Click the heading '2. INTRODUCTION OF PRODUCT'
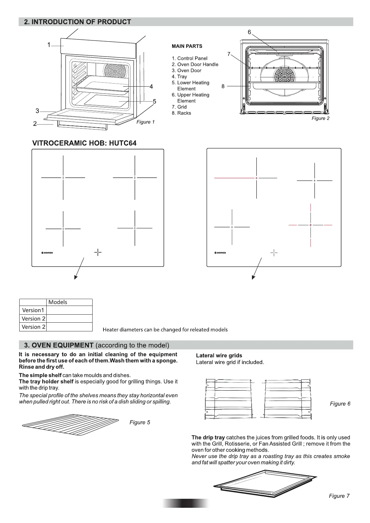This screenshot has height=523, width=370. [78, 22]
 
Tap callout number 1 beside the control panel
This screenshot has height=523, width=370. [49, 45]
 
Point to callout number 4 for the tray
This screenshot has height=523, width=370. [151, 87]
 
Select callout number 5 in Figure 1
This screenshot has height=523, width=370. [154, 102]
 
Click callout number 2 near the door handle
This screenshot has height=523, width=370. [35, 124]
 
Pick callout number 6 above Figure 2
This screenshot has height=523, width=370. [249, 32]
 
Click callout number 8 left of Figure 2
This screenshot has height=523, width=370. [223, 86]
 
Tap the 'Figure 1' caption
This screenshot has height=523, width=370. [145, 122]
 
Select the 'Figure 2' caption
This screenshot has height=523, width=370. [320, 118]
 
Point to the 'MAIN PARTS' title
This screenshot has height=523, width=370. [187, 46]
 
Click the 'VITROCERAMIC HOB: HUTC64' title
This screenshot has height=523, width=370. [84, 143]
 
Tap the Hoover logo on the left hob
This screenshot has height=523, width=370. [47, 253]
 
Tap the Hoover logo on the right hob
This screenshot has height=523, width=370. [220, 253]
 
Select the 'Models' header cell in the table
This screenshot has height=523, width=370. [58, 302]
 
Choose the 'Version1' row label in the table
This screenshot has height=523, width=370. [33, 310]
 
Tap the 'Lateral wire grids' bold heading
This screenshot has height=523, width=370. [219, 356]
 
